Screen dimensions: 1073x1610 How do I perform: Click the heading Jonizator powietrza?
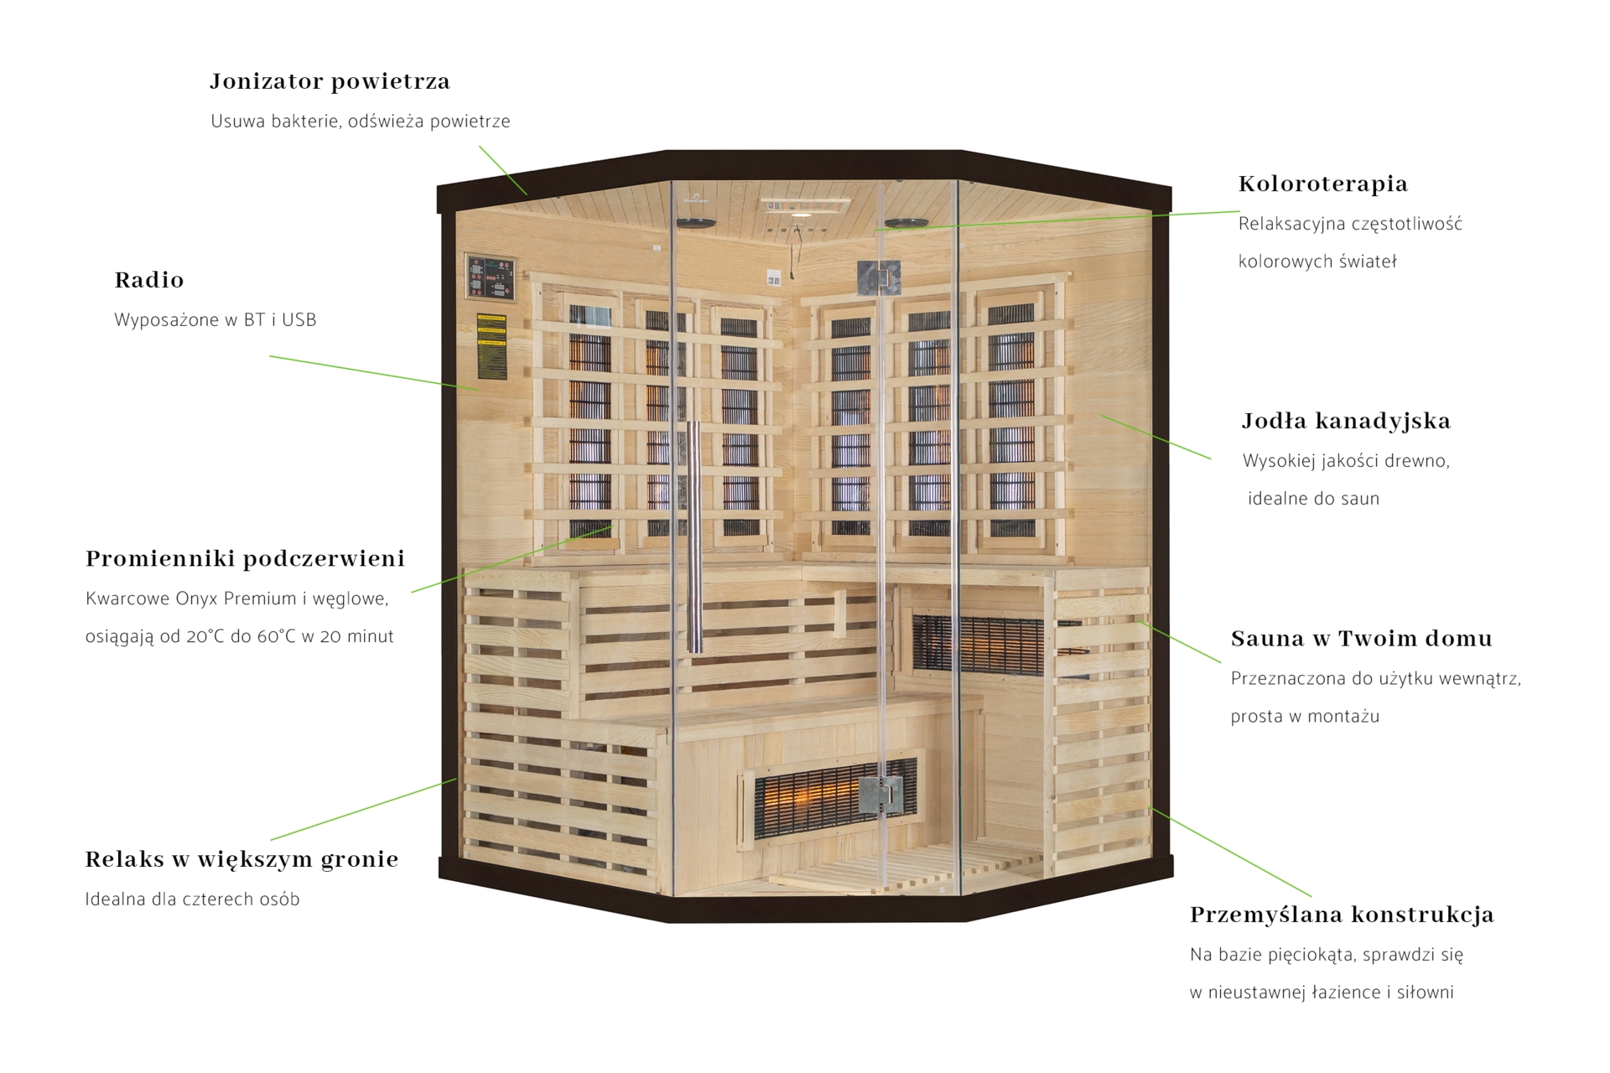point(330,81)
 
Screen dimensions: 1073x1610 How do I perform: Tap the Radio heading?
point(149,280)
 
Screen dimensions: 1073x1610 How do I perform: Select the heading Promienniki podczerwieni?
point(245,558)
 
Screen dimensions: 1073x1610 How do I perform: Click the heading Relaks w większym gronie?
point(241,859)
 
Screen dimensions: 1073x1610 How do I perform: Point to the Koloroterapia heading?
point(1322,184)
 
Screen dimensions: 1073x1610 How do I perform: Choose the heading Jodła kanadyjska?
point(1345,421)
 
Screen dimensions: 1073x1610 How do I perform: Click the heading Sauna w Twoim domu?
point(1361,639)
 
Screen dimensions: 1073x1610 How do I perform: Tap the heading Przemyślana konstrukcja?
point(1341,915)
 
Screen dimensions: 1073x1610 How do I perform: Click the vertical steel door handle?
point(693,536)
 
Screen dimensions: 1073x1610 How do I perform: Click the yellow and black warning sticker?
point(491,346)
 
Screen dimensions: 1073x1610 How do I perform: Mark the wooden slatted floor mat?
point(864,872)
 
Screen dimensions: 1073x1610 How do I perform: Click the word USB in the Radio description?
point(299,320)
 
